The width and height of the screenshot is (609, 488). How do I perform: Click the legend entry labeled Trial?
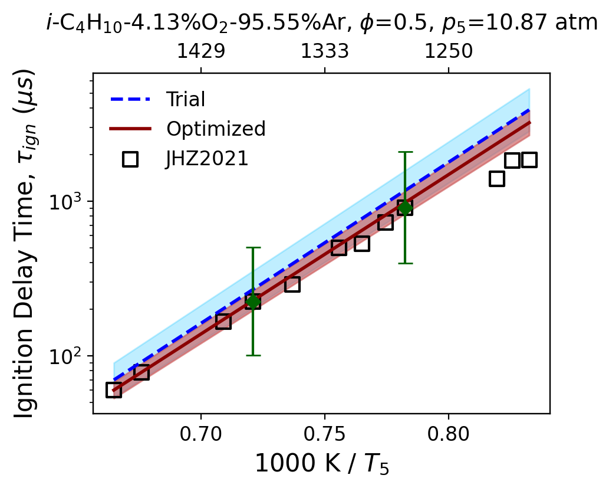pos(185,100)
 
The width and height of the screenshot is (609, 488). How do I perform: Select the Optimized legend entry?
pos(216,129)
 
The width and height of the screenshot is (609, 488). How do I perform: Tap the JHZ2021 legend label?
pos(207,159)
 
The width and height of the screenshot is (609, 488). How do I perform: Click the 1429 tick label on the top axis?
pos(201,52)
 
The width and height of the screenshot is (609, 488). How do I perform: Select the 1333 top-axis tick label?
pos(325,52)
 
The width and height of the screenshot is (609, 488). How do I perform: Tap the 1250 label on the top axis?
pos(449,52)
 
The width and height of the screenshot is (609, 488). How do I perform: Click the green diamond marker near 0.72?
pos(253,302)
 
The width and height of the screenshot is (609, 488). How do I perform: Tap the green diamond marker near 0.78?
pos(404,207)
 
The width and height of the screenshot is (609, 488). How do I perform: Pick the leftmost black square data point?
pos(114,390)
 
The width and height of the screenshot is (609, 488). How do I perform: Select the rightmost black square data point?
pos(529,160)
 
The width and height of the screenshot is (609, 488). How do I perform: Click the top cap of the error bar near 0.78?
pos(404,152)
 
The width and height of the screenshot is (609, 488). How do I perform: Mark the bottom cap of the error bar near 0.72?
pos(253,355)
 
